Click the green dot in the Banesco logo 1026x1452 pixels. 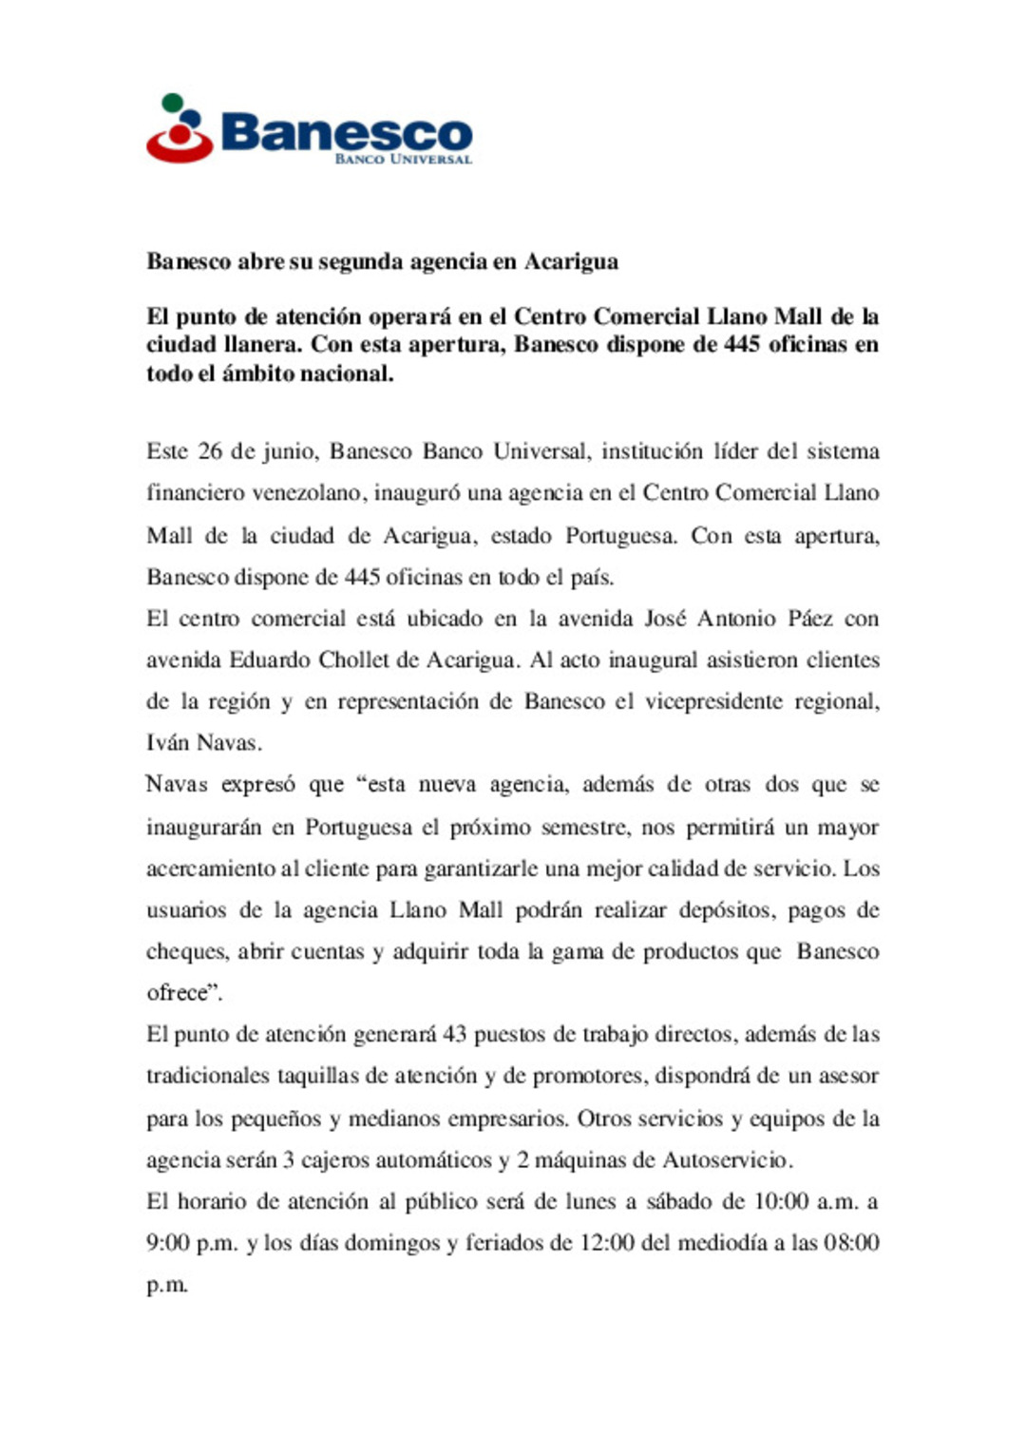pyautogui.click(x=173, y=102)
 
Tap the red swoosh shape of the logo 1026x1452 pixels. pyautogui.click(x=179, y=147)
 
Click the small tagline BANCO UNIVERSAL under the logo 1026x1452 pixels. pyautogui.click(x=403, y=159)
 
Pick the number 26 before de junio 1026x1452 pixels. pyautogui.click(x=210, y=451)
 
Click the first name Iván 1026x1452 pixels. pyautogui.click(x=168, y=743)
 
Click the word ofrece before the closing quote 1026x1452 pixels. pyautogui.click(x=177, y=993)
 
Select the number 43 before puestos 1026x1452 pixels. pyautogui.click(x=455, y=1035)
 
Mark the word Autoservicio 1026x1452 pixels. pyautogui.click(x=725, y=1160)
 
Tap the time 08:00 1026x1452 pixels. pyautogui.click(x=850, y=1243)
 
